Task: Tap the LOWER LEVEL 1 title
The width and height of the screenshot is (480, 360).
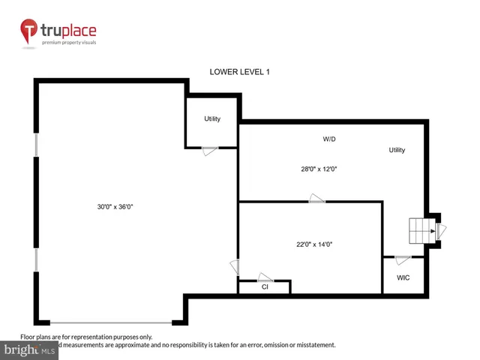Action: click(239, 72)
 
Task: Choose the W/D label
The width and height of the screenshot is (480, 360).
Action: click(329, 139)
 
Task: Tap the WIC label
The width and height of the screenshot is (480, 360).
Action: click(403, 277)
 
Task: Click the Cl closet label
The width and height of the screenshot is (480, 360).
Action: click(265, 286)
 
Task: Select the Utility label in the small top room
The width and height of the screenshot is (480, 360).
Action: click(212, 119)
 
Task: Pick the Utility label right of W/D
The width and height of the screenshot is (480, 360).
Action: click(397, 150)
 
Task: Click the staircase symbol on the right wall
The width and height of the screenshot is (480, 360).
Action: click(421, 231)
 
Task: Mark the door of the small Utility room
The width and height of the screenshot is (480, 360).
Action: click(210, 151)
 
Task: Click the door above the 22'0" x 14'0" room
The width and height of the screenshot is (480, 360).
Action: click(316, 199)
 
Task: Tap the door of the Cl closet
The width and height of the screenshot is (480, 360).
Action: click(265, 277)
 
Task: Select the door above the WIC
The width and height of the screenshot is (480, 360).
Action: click(403, 260)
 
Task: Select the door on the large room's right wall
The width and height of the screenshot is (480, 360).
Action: click(235, 266)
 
